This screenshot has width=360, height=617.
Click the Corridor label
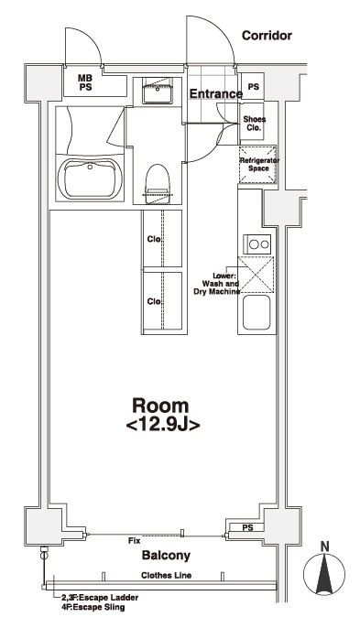point(267,36)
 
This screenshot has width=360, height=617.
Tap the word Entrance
point(216,94)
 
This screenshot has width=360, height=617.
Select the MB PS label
point(85,83)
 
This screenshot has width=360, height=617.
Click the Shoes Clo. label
point(254,124)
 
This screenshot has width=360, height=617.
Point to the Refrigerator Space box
point(257,165)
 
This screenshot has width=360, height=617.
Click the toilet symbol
point(158,184)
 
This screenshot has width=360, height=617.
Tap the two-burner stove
point(257,244)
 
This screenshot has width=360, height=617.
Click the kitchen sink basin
point(256,312)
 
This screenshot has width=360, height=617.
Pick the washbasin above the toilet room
point(158,91)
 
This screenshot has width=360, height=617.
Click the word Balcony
point(166,556)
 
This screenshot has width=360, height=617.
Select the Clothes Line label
point(166,575)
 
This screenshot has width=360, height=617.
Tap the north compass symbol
point(324,571)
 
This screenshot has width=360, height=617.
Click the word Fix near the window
point(135,541)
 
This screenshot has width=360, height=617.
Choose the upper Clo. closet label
point(155,239)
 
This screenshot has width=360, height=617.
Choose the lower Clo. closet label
point(155,301)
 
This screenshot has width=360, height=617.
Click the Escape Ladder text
point(100,598)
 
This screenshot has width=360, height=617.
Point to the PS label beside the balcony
point(247,528)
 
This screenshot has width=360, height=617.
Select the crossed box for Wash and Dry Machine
point(256,275)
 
